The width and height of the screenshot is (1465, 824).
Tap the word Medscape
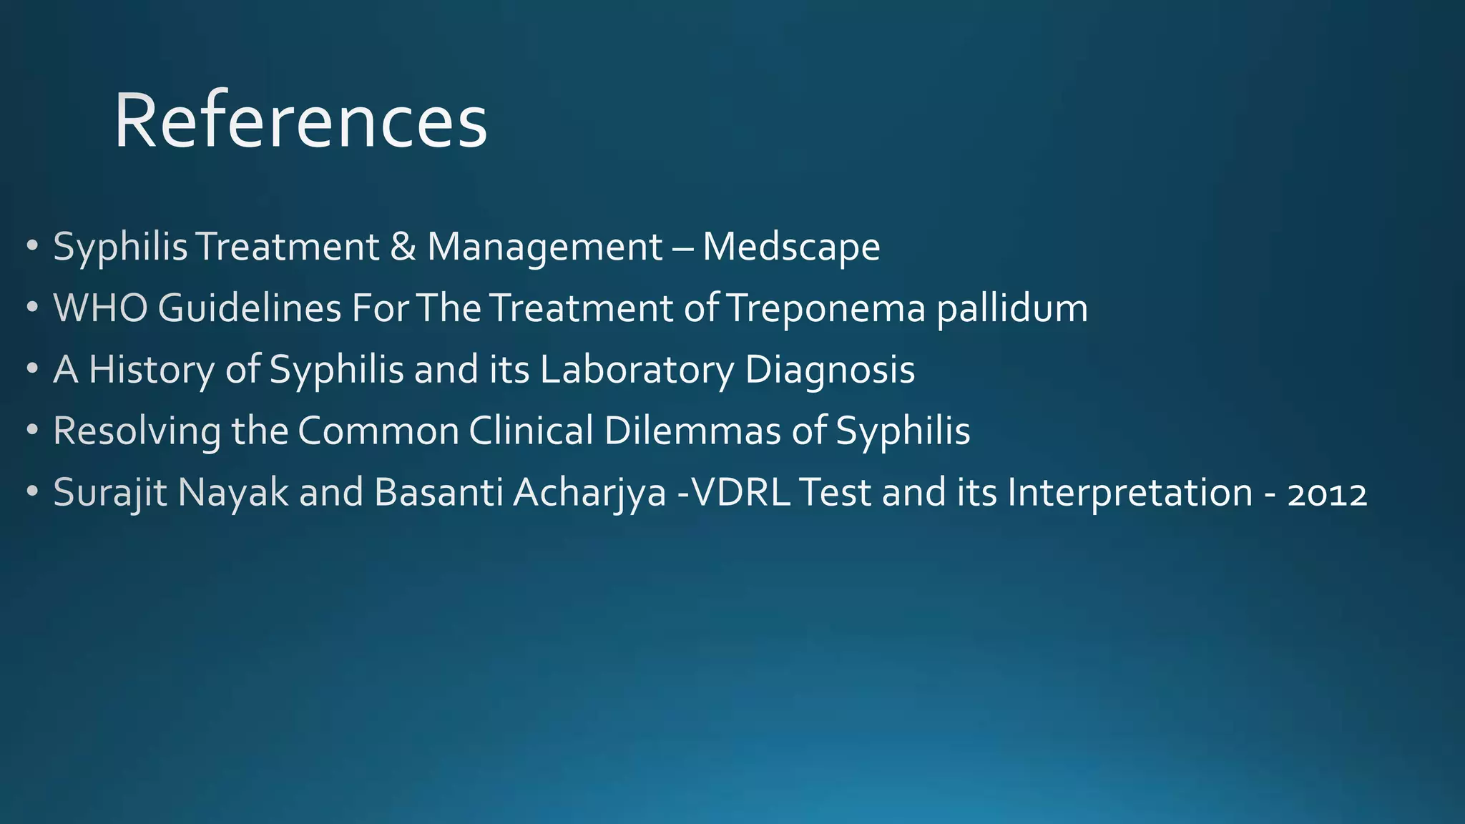coord(791,247)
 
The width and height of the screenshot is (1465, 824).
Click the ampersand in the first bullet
coord(403,247)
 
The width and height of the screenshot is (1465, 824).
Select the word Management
coord(545,248)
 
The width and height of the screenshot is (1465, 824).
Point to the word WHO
coord(101,308)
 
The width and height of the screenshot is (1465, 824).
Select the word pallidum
coord(1012,308)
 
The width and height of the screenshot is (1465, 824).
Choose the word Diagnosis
coord(830,371)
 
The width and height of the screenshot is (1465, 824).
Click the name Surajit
coord(110,494)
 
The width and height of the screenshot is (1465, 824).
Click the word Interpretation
coord(1130,494)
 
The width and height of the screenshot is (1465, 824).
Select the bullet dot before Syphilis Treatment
coord(32,247)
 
